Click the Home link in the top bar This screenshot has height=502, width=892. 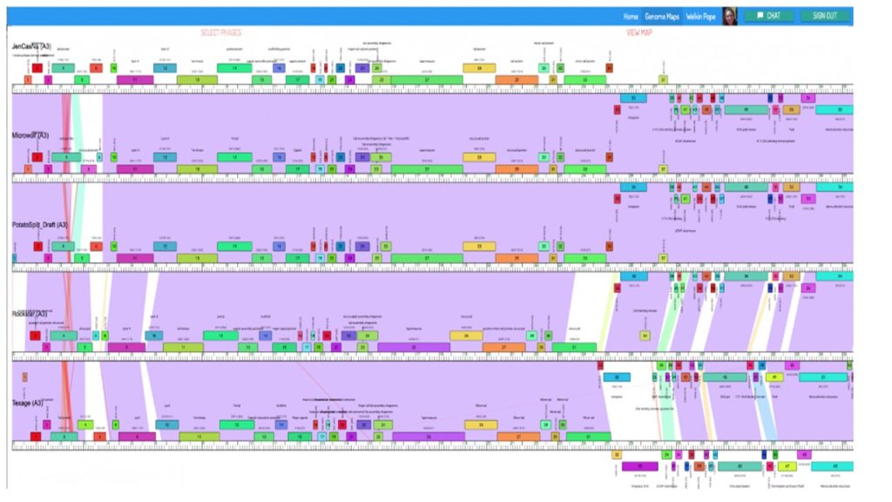631,16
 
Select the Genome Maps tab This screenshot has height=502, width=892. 661,16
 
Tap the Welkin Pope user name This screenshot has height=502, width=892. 701,16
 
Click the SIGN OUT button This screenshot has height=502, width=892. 824,16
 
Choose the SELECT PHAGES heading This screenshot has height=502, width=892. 221,33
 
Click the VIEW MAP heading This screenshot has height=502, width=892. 639,33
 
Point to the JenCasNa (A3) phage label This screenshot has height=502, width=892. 31,46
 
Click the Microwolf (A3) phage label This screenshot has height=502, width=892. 30,135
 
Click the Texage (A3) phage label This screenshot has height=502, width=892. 28,404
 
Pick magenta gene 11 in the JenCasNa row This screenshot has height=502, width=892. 135,79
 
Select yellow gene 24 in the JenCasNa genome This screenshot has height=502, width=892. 479,67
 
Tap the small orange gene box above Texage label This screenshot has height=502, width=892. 24,377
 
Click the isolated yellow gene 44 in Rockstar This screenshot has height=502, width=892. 645,336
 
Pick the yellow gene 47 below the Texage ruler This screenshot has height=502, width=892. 787,466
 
